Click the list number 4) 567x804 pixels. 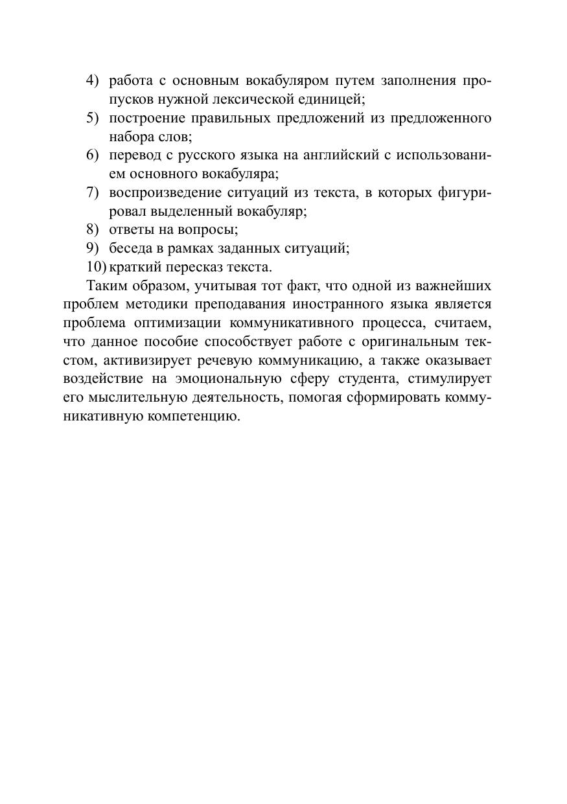[92, 81]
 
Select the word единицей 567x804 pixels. [328, 100]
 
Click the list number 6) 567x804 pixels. [92, 155]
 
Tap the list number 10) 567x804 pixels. [96, 267]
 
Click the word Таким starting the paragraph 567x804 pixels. [107, 286]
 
